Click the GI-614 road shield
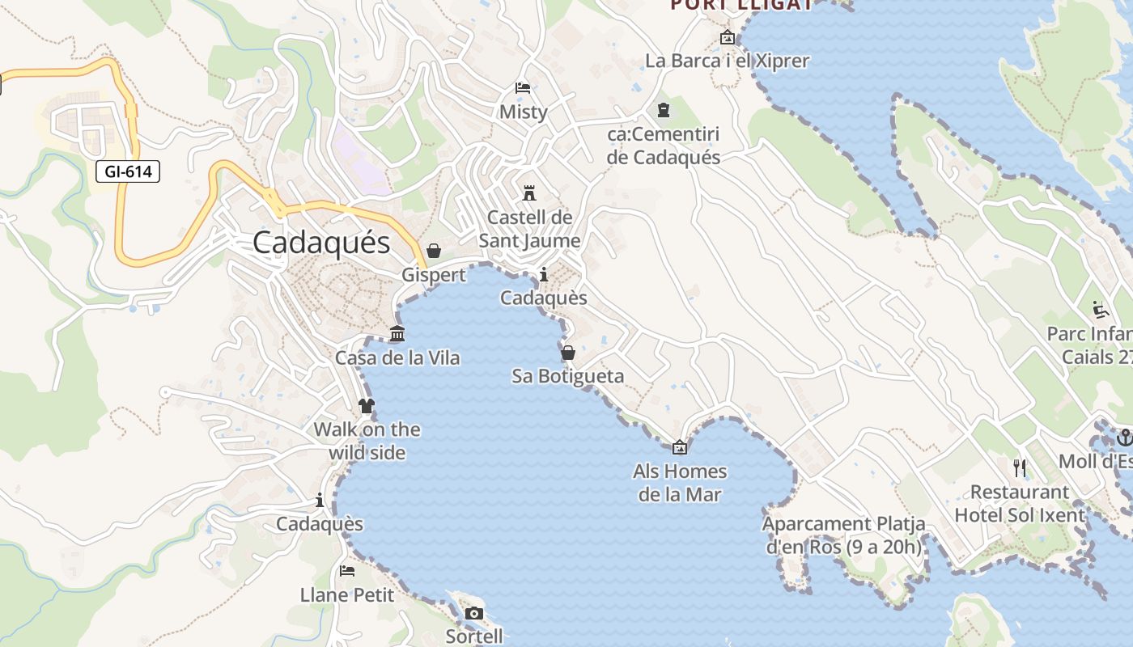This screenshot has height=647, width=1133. (x=128, y=171)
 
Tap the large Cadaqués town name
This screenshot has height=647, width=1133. (x=321, y=243)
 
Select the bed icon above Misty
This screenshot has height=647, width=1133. (x=523, y=88)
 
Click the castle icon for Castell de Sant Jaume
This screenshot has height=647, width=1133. (x=529, y=193)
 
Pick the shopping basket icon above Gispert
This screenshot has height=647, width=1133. (x=434, y=251)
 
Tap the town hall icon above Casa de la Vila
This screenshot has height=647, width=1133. (x=397, y=333)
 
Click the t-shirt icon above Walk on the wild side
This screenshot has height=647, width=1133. (x=367, y=405)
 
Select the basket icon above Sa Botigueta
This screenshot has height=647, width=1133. (x=568, y=353)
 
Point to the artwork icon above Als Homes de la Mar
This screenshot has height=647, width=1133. (x=680, y=447)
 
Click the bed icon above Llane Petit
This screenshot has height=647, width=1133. (x=347, y=571)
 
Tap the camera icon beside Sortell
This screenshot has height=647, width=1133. (x=474, y=614)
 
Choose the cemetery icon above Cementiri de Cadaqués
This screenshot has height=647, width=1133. (x=664, y=110)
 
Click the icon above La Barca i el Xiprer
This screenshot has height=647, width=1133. (x=727, y=37)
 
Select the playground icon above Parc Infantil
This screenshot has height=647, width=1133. (x=1100, y=310)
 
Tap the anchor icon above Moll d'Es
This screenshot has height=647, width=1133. (x=1123, y=438)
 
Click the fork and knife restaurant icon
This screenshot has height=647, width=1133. (x=1020, y=467)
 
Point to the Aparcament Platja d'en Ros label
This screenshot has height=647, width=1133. (x=843, y=535)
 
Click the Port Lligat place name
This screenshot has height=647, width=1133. (x=740, y=5)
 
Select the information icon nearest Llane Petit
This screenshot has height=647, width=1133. (x=320, y=501)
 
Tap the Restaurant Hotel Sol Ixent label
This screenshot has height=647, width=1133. (x=1019, y=504)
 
